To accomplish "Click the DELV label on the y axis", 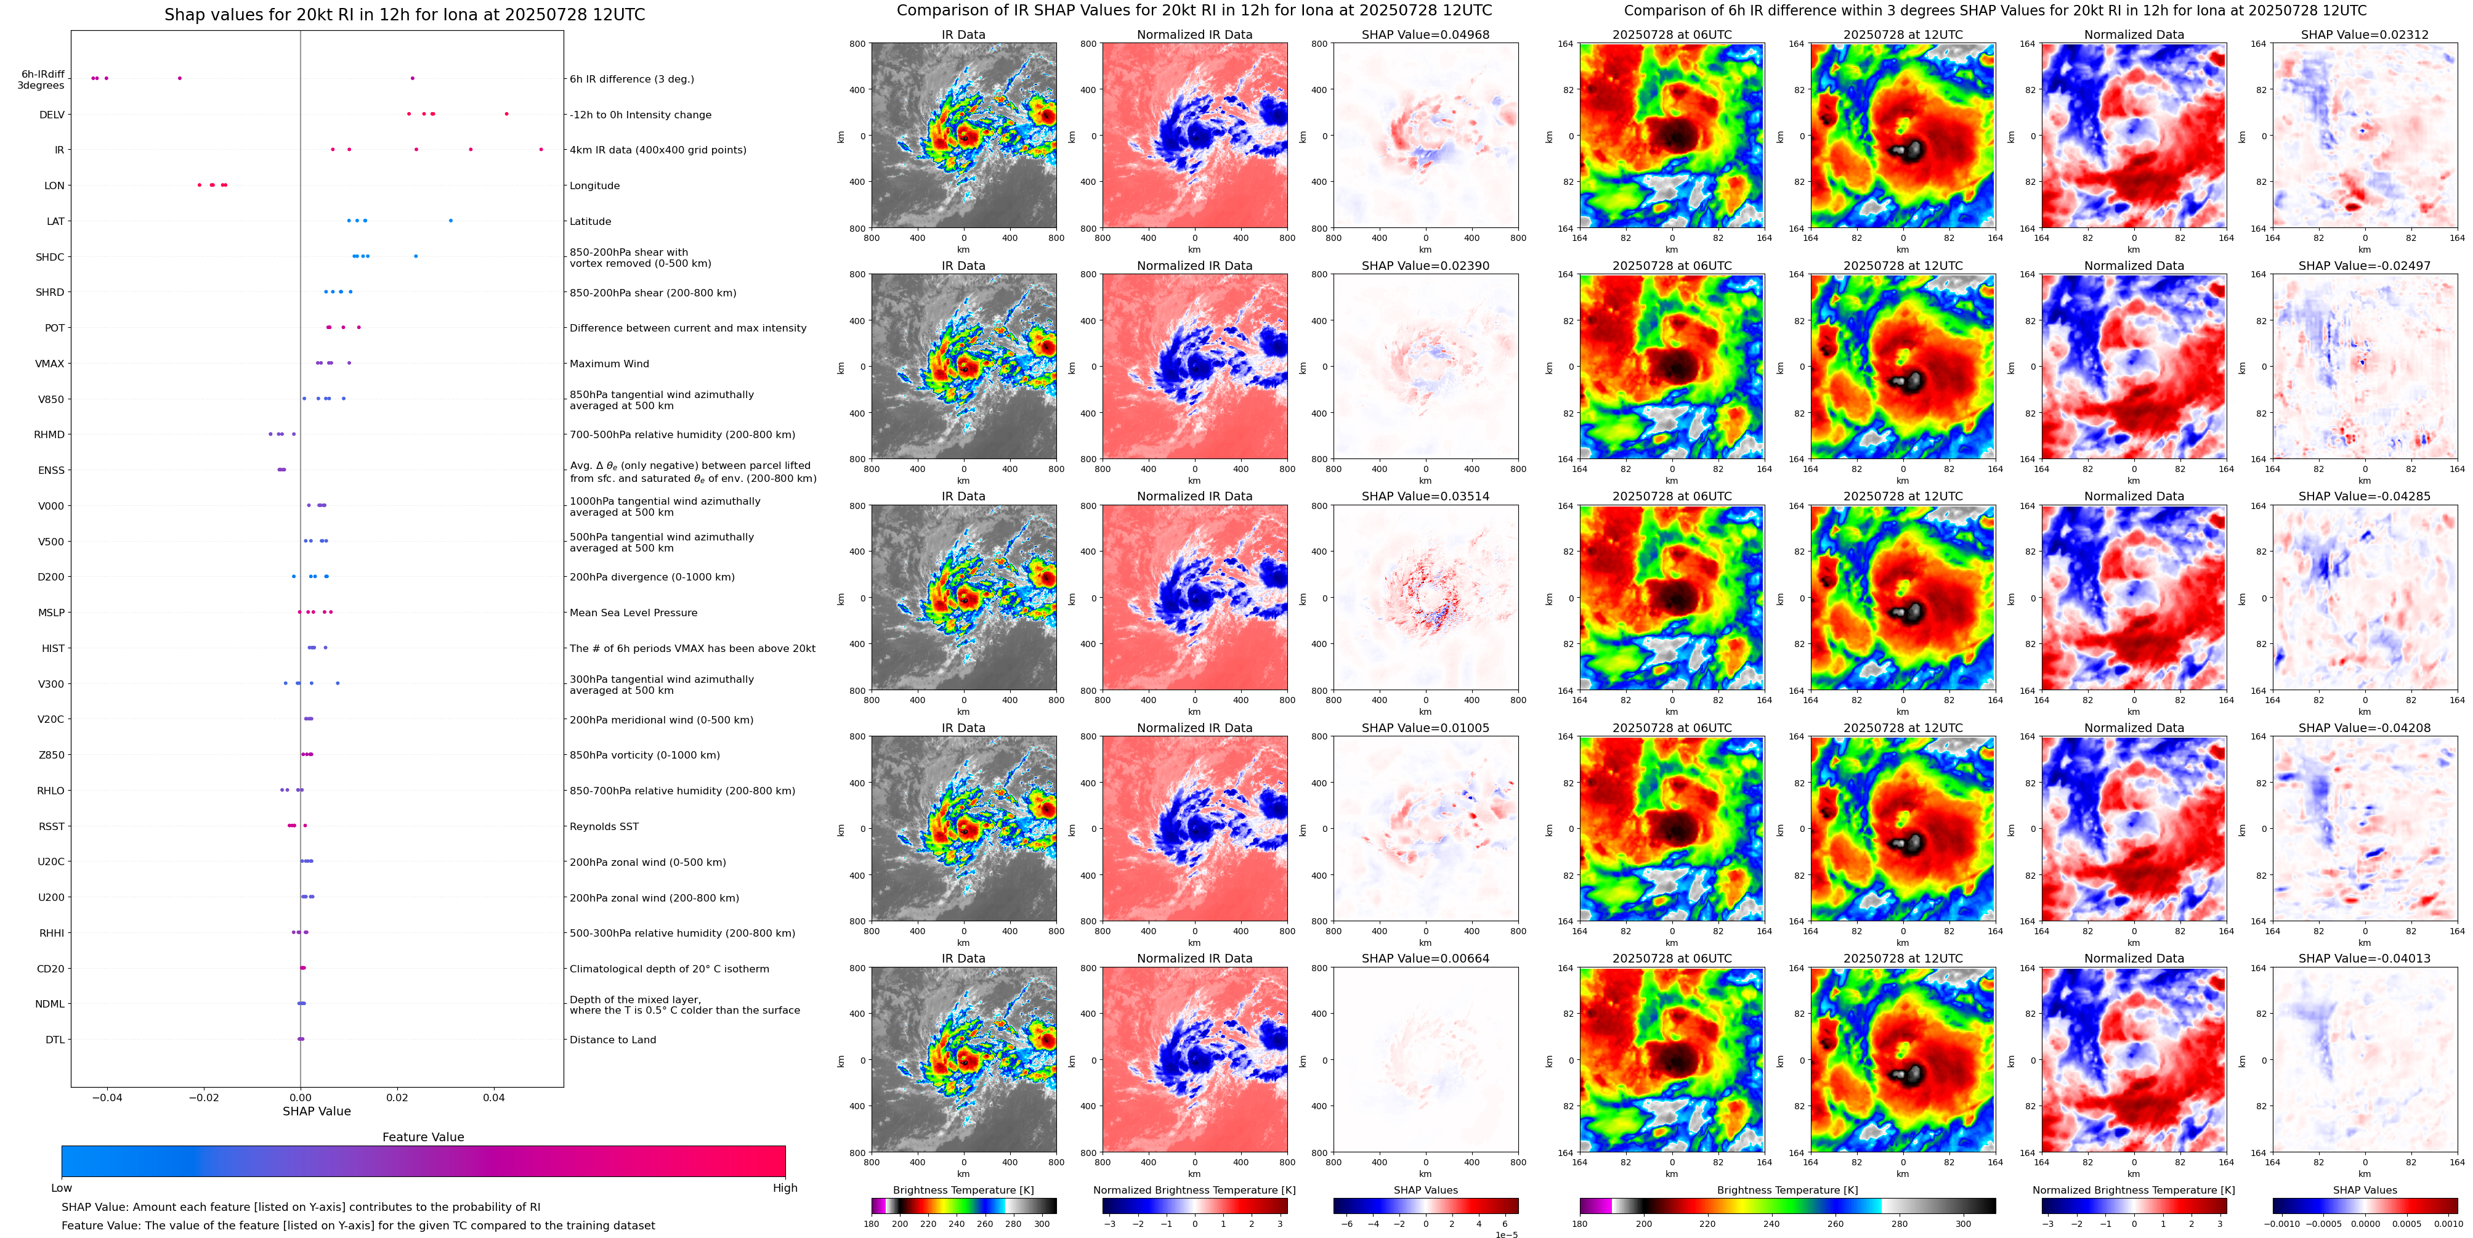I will (52, 114).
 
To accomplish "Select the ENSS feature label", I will (51, 471).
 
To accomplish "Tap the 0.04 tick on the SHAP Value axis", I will (493, 1097).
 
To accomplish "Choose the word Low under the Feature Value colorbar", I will (62, 1188).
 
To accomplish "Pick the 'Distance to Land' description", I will (612, 1040).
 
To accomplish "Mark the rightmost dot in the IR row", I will (541, 149).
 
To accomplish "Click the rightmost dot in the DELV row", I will (507, 113).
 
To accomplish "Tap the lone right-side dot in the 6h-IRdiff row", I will (413, 78).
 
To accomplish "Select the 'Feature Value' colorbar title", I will (423, 1137).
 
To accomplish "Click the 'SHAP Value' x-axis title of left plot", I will (316, 1111).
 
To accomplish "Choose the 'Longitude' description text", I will (594, 186).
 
